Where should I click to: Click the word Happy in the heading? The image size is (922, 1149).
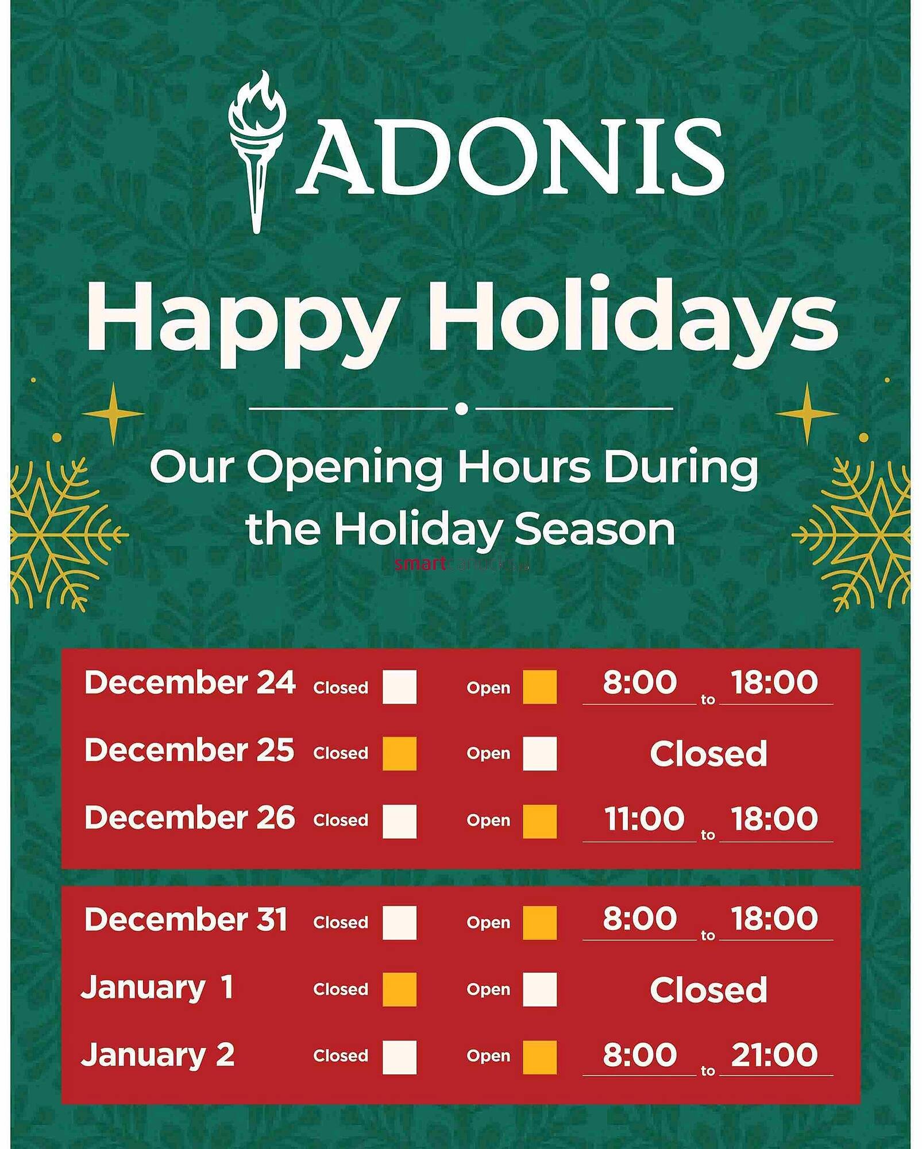pos(241,319)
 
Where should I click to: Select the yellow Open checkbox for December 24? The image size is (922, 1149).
pos(539,687)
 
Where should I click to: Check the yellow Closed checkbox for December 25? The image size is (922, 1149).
pos(399,753)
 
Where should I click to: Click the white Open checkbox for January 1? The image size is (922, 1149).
pos(539,989)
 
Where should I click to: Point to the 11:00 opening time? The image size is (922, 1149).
pos(644,818)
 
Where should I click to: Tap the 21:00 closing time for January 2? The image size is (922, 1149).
pos(774,1055)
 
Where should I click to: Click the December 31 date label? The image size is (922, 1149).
pos(186,919)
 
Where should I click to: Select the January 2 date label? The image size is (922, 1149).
pos(157,1055)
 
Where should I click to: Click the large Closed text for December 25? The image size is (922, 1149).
pos(708,753)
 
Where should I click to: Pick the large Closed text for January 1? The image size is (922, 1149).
pos(708,990)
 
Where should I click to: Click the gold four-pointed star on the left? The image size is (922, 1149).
pos(113,413)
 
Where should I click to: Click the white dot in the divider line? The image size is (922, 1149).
pos(461,408)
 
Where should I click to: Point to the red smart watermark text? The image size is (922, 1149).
pos(420,564)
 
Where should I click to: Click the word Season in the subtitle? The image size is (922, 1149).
pos(595,529)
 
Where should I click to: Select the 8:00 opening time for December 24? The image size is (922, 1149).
pos(639,682)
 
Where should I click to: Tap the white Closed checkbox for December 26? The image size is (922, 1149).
pos(399,821)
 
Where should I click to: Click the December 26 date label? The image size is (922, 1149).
pos(190,818)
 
